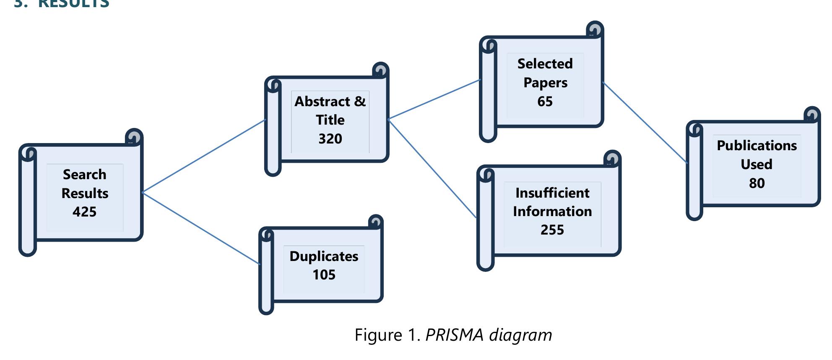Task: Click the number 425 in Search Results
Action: click(x=84, y=211)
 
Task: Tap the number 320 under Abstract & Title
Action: click(x=330, y=138)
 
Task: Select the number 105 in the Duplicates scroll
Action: click(x=324, y=274)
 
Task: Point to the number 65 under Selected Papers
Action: click(x=545, y=101)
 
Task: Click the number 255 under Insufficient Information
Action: click(x=552, y=230)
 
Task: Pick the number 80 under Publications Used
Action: click(x=757, y=183)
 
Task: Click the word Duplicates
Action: click(x=324, y=256)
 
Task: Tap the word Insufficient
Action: click(x=552, y=193)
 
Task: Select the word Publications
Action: click(x=757, y=145)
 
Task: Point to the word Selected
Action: click(x=545, y=63)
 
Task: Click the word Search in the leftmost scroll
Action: click(x=84, y=174)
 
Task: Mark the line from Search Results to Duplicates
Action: click(x=201, y=228)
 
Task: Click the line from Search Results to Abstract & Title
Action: click(x=204, y=156)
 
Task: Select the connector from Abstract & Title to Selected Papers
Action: click(x=434, y=99)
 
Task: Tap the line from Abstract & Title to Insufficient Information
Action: click(x=432, y=168)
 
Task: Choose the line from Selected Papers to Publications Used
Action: click(x=645, y=123)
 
